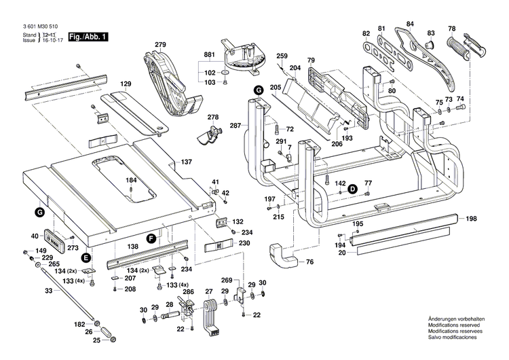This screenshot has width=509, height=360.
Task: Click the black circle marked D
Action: [x=353, y=190]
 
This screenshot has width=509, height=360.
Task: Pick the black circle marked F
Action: [x=151, y=238]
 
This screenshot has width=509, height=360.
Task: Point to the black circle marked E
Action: [x=86, y=257]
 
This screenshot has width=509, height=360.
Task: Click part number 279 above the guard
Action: [x=160, y=45]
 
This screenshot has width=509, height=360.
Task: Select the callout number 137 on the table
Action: [x=186, y=162]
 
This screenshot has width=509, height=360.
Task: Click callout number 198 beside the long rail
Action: [x=472, y=219]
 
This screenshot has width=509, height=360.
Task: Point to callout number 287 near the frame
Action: [x=235, y=126]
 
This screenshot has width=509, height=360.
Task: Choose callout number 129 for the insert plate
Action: [x=126, y=84]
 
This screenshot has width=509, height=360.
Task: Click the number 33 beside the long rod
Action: [x=48, y=291]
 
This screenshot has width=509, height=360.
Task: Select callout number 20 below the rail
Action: [x=343, y=253]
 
